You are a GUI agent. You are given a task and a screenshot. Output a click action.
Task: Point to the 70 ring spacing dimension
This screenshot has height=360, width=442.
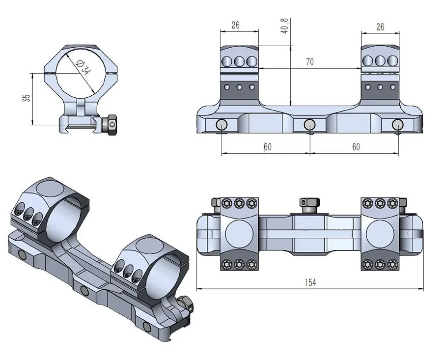(309, 62)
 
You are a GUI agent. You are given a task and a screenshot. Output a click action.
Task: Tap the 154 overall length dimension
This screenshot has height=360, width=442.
(309, 282)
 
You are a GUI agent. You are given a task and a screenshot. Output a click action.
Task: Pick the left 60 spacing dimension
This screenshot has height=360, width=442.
(268, 147)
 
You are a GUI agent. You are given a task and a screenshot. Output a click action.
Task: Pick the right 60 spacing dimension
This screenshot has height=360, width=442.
(356, 147)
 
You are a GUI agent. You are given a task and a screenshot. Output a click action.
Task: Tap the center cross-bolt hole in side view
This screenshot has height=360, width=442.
(309, 125)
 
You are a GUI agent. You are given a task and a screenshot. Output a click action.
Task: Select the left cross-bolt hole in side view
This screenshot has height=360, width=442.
(221, 125)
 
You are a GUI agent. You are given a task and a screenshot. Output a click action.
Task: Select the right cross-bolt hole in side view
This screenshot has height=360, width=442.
(397, 125)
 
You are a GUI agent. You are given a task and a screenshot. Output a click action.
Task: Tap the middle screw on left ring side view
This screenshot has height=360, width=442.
(240, 61)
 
